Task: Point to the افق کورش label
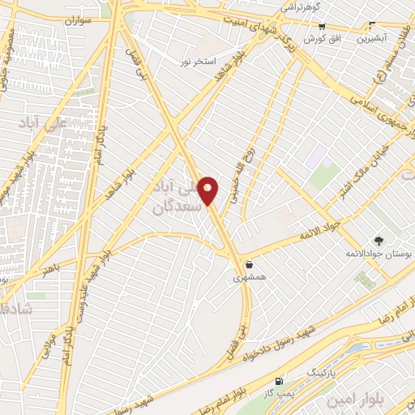(322, 38)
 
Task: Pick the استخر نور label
(198, 60)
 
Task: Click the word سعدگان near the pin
(175, 207)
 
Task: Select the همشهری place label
(249, 277)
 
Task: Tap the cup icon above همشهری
(249, 264)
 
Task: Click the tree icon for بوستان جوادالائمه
(378, 240)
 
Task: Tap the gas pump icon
(280, 380)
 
